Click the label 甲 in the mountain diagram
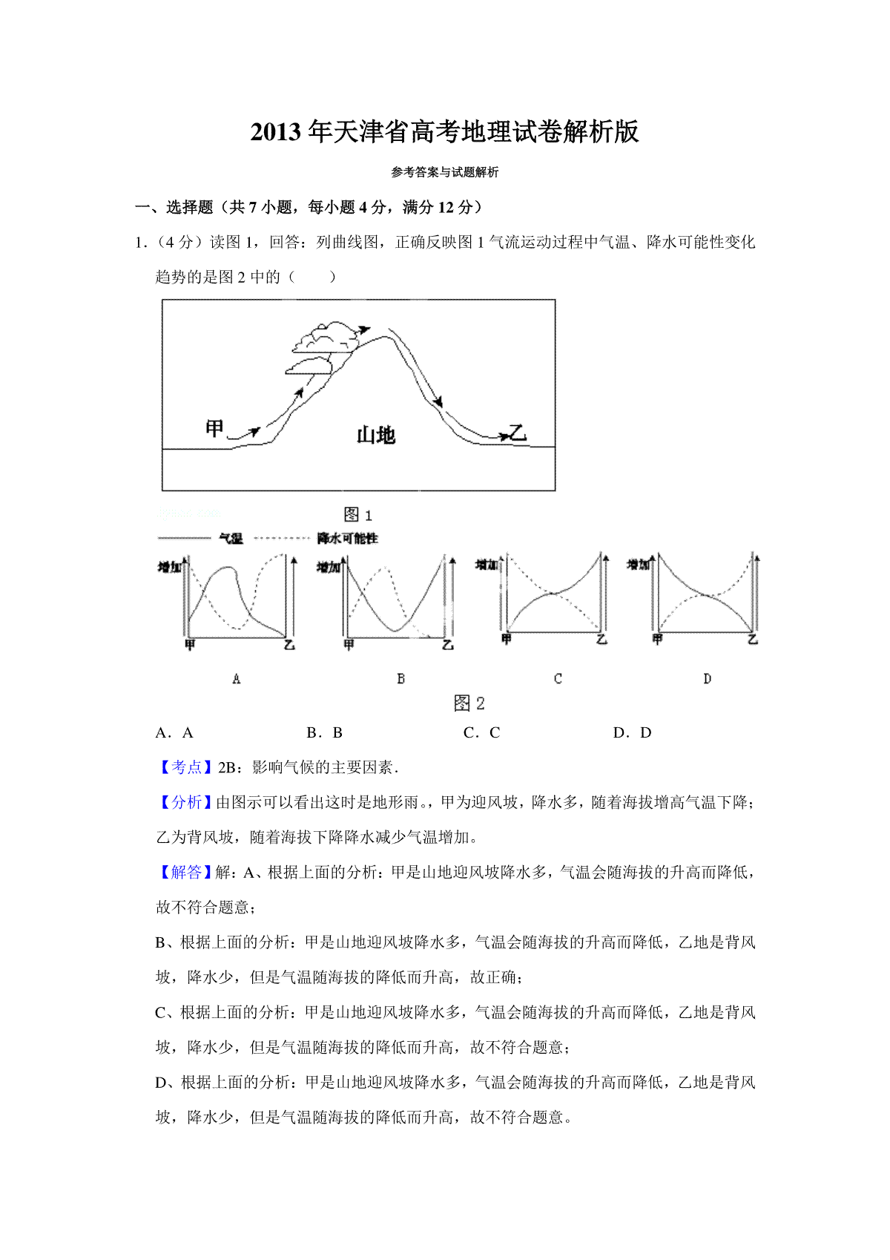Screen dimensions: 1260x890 [214, 428]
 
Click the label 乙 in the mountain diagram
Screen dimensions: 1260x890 [517, 432]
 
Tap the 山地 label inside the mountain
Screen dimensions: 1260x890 [376, 435]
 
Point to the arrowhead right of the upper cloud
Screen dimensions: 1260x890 [363, 329]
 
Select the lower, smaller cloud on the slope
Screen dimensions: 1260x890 [308, 365]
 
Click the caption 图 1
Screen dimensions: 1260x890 [358, 514]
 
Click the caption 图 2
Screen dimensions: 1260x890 [469, 703]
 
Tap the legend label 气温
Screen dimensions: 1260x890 [231, 538]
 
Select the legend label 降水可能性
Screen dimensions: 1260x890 [347, 538]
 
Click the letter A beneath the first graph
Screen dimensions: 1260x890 [237, 678]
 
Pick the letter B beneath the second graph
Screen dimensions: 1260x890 [401, 678]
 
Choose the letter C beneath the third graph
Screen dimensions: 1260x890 [558, 678]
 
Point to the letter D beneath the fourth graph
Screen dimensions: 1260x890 [707, 678]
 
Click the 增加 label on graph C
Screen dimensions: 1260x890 [487, 565]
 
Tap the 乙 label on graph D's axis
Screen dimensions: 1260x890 [753, 639]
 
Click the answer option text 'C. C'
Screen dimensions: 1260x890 [482, 733]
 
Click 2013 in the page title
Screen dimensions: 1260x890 [277, 132]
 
